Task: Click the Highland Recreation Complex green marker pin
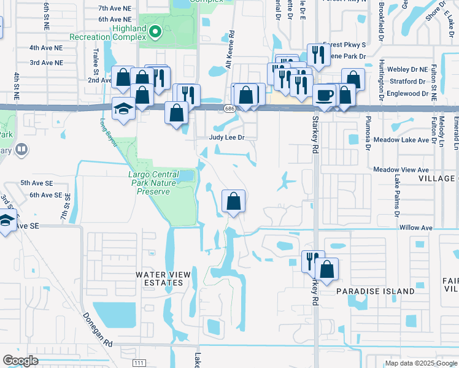click(x=155, y=31)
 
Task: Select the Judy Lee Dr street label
click(x=227, y=138)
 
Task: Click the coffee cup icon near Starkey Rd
click(x=323, y=95)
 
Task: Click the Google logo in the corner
click(x=21, y=361)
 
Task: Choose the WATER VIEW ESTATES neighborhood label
click(x=160, y=278)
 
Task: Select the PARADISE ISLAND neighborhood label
click(x=375, y=292)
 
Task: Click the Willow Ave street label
click(x=416, y=228)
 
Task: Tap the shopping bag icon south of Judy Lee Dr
click(x=234, y=201)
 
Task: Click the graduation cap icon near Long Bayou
click(x=124, y=108)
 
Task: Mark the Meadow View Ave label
click(x=401, y=169)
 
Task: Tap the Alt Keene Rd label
click(x=231, y=49)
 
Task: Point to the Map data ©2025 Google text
click(x=420, y=363)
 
